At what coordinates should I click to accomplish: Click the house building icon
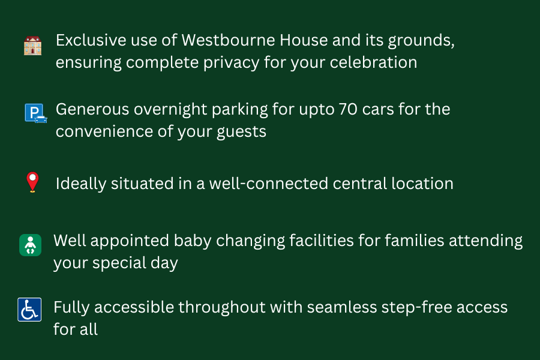(x=32, y=46)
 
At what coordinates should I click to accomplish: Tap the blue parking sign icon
(x=35, y=113)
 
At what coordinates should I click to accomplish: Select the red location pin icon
(x=32, y=182)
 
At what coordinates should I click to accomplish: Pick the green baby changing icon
(x=30, y=245)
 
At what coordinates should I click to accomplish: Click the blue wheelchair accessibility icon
(x=29, y=310)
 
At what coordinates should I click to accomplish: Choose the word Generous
(x=93, y=110)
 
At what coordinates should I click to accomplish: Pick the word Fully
(x=72, y=308)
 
